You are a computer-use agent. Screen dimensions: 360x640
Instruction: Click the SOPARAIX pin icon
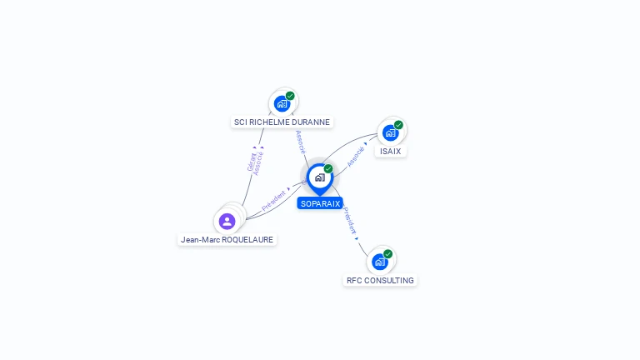[319, 177]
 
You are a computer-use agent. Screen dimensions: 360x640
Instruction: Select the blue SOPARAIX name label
[320, 203]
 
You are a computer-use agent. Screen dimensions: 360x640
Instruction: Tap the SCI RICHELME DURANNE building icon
[282, 104]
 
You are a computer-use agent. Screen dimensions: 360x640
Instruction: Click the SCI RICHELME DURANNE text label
[282, 122]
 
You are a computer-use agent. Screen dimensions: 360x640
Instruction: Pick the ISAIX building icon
[390, 132]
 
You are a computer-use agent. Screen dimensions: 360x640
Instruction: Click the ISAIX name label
[390, 152]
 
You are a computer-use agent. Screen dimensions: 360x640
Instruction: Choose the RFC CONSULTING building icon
[380, 262]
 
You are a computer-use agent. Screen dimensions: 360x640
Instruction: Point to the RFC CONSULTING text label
[380, 281]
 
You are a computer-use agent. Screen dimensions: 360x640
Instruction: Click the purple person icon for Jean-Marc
[227, 221]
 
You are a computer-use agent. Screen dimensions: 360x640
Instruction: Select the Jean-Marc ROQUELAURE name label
[227, 240]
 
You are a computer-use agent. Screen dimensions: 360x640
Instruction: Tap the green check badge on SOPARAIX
[328, 168]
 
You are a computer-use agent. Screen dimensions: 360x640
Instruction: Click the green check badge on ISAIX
[398, 125]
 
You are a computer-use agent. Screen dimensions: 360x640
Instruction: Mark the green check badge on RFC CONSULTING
[388, 253]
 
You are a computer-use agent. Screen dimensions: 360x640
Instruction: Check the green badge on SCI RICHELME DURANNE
[290, 96]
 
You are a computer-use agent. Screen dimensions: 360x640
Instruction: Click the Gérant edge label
[252, 161]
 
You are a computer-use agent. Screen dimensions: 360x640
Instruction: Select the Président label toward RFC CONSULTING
[350, 220]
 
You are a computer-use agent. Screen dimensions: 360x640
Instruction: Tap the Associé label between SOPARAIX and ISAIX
[356, 157]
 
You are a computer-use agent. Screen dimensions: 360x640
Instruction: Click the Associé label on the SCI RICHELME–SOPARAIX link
[300, 141]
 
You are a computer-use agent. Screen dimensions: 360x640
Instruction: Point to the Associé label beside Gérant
[259, 162]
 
